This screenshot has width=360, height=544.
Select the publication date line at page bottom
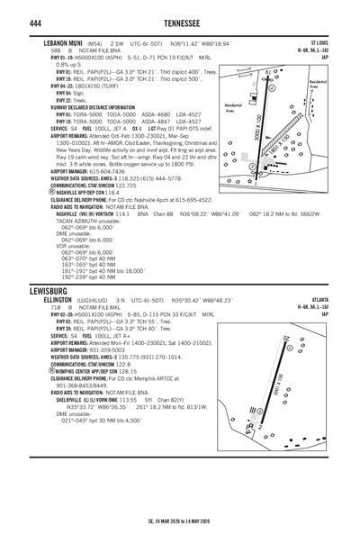click(x=179, y=521)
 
